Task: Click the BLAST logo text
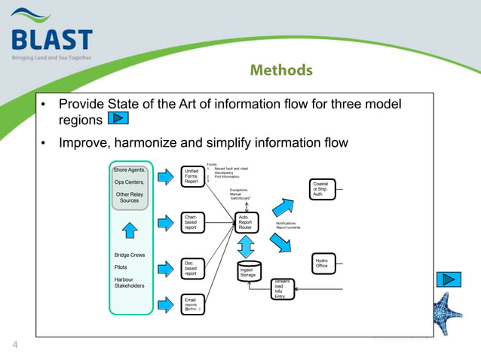tap(53, 39)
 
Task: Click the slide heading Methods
tap(280, 70)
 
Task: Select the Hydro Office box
tap(322, 263)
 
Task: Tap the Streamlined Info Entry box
tap(282, 289)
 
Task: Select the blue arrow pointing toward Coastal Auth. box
tap(284, 206)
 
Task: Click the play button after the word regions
tap(118, 118)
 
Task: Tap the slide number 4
tap(14, 346)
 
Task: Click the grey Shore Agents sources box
tap(130, 186)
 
